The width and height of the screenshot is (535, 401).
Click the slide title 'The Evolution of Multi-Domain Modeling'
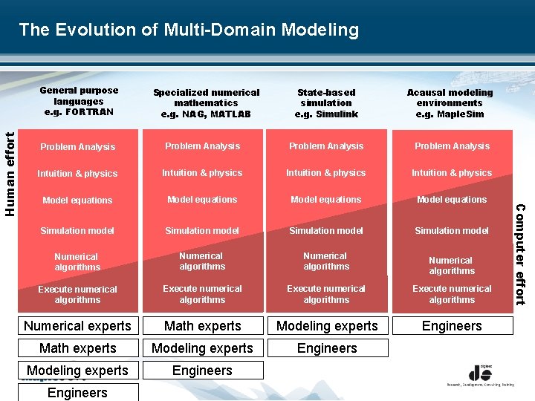click(189, 30)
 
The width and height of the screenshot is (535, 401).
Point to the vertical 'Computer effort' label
click(520, 254)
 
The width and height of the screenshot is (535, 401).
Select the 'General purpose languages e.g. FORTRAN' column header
click(78, 102)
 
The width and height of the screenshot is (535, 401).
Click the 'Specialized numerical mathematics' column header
click(206, 103)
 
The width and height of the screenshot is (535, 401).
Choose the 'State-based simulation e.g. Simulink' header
click(326, 103)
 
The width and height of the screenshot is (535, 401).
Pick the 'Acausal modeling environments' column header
click(450, 103)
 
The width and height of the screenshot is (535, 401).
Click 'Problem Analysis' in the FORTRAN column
click(78, 147)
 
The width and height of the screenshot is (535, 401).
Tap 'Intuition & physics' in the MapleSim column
click(452, 173)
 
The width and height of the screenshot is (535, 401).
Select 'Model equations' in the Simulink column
click(326, 200)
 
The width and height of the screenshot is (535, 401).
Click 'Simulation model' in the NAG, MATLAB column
click(202, 231)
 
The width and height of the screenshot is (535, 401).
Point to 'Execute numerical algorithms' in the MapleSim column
click(452, 294)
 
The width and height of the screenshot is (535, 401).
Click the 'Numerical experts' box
click(77, 326)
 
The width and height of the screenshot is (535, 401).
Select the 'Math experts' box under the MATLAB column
click(202, 326)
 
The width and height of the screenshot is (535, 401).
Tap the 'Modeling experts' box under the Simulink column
click(327, 326)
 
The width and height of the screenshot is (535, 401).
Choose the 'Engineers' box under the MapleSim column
click(452, 326)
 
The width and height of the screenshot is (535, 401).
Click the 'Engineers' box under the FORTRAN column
click(77, 392)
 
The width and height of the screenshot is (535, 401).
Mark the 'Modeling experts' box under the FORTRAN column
click(77, 371)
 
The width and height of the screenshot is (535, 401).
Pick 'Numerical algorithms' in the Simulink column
click(326, 261)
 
